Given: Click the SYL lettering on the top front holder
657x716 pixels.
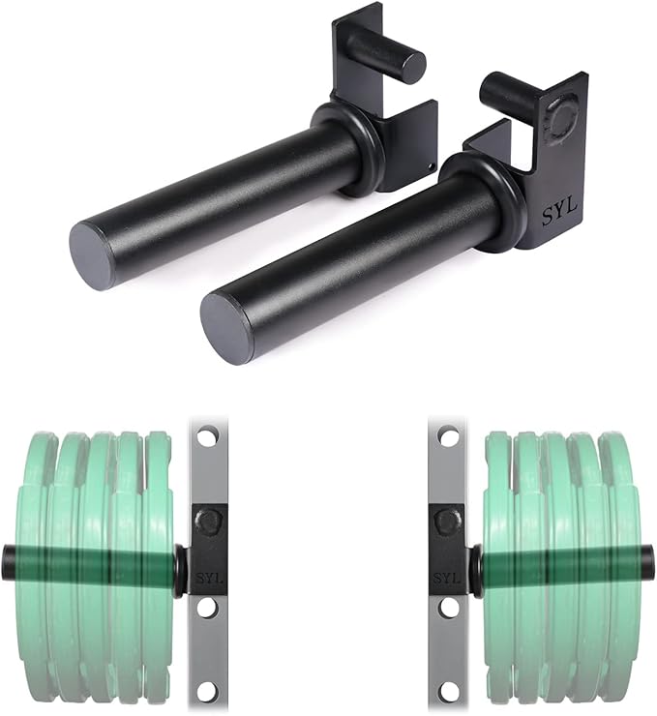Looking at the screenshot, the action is (x=559, y=212).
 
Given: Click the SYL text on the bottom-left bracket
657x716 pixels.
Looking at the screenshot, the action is (x=210, y=579).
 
